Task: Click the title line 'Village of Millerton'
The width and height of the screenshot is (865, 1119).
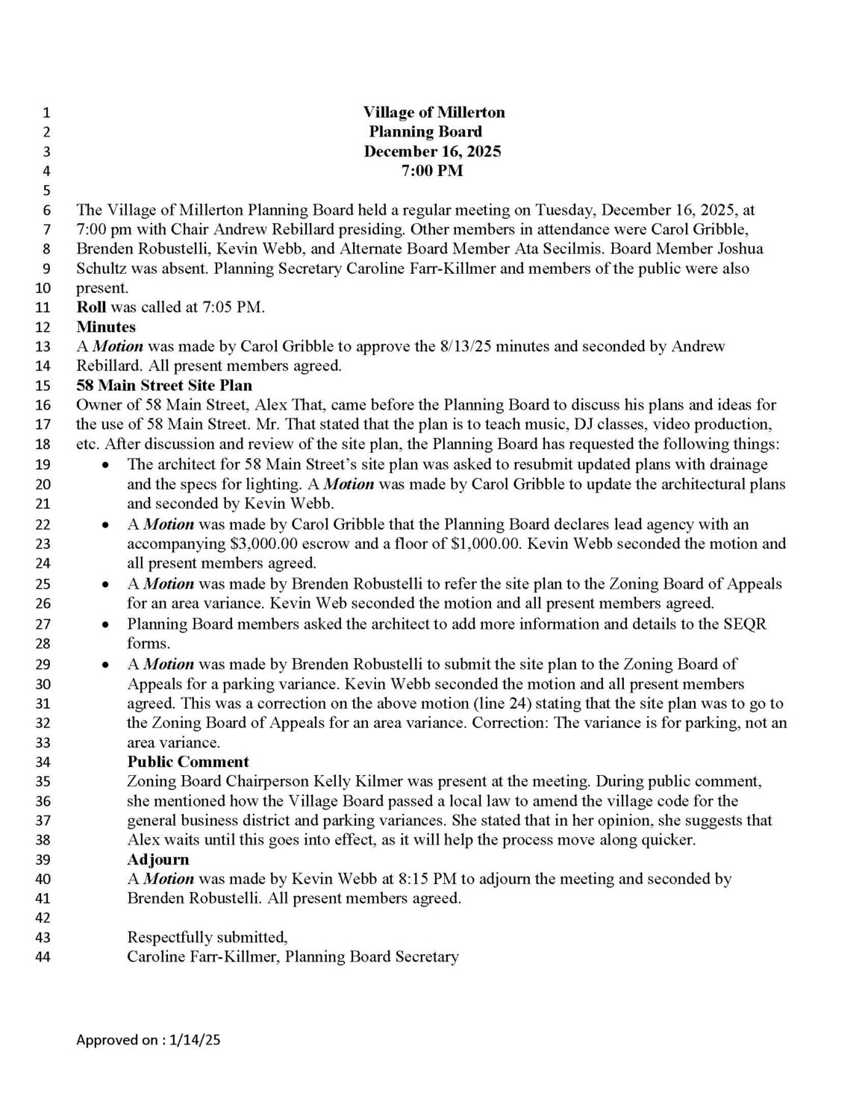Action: coord(434,113)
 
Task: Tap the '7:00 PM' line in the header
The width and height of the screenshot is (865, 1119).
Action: coord(432,171)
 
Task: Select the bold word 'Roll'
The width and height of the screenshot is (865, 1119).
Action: coord(91,307)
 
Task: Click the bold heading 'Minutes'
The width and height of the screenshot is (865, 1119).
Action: coord(106,327)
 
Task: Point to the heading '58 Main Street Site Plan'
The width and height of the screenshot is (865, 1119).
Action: coord(164,386)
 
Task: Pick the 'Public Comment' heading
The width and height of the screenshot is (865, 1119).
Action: coord(188,762)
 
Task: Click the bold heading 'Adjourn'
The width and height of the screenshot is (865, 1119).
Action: coord(158,859)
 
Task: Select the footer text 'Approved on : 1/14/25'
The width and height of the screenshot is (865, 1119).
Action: coord(148,1040)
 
